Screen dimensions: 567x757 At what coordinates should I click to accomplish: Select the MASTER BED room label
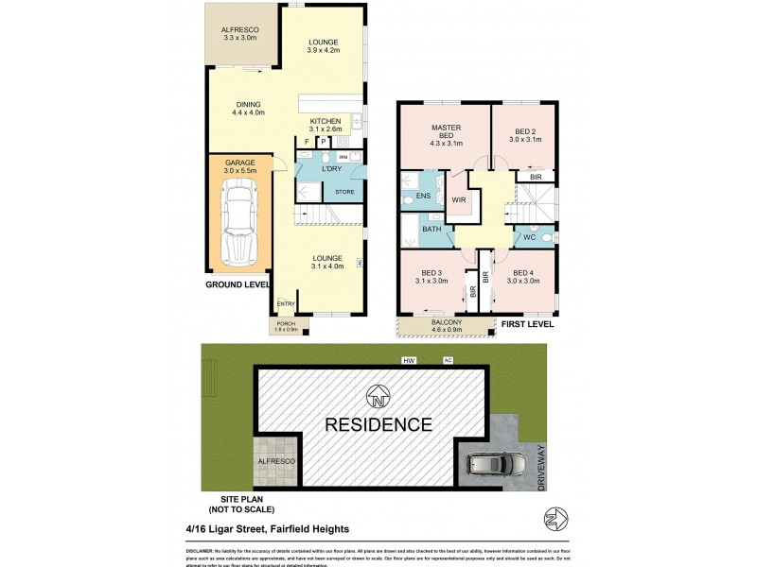click(446, 132)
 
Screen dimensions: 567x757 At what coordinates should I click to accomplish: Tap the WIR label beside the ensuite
click(459, 200)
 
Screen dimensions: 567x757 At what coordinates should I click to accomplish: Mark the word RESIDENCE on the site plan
click(378, 424)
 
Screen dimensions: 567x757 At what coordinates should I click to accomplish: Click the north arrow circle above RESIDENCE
click(378, 394)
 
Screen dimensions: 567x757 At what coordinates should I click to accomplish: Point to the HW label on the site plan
click(408, 359)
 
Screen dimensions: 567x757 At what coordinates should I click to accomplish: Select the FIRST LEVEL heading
click(528, 323)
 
